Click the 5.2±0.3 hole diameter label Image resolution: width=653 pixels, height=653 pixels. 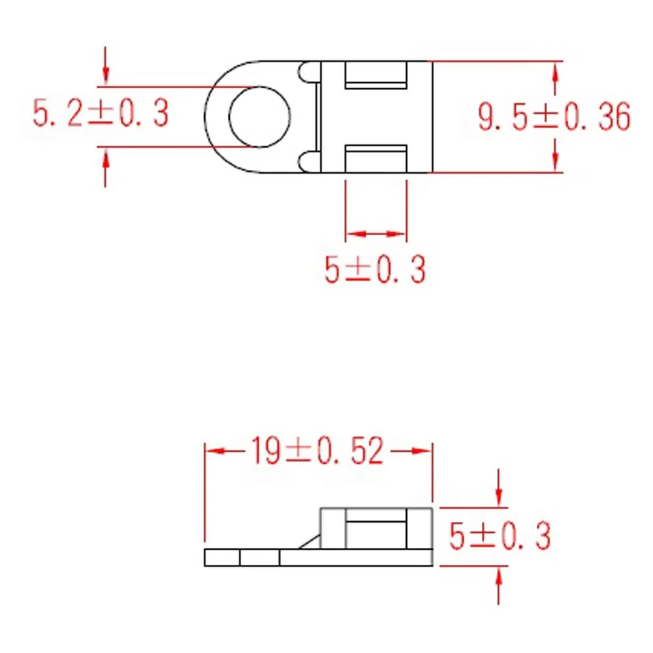coord(101,112)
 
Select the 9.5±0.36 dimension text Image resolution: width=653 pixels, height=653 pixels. coord(554,117)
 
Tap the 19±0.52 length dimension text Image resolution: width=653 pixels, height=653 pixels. coord(317,451)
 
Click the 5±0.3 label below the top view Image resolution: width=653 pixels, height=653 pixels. coord(375,270)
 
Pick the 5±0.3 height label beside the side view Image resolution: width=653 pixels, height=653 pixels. coord(500,536)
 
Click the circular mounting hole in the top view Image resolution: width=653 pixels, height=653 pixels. coord(259,87)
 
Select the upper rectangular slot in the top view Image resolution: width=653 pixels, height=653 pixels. coord(375,75)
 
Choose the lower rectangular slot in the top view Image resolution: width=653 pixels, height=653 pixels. coord(375,159)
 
